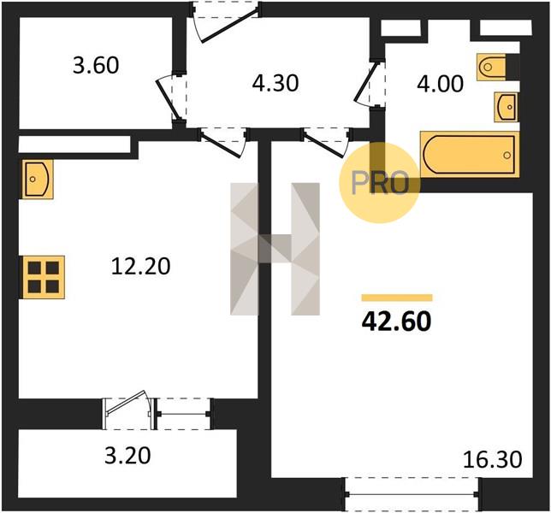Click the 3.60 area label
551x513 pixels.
pos(96,66)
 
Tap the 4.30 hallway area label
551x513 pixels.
pos(275,84)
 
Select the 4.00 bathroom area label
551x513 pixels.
pos(440,85)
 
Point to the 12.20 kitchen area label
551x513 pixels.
pos(140,266)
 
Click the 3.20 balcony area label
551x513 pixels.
pos(128,456)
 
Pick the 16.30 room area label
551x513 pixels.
pos(493,460)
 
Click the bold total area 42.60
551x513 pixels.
pos(396,321)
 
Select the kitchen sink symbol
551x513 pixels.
pos(38,179)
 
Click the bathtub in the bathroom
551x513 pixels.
pos(470,154)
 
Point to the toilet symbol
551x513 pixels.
pos(491,67)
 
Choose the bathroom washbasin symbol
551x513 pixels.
pos(506,107)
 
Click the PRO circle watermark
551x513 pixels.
pos(380,183)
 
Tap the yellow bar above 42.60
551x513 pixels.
pos(397,298)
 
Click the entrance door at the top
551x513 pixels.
pos(225,21)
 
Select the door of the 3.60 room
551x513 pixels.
pos(170,99)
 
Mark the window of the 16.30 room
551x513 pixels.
pos(412,495)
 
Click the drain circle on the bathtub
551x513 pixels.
pos(507,156)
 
